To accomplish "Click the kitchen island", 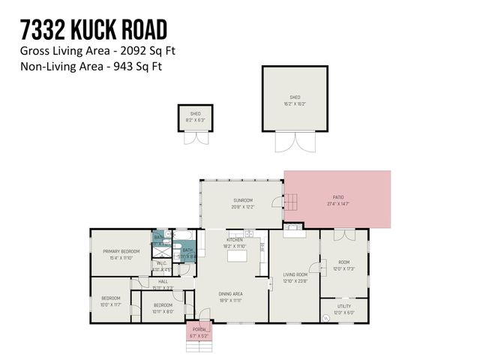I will click(238, 256).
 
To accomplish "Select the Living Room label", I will click(295, 277).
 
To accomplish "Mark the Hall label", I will click(163, 283).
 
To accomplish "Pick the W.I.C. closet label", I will click(163, 264).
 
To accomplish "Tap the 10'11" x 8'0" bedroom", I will click(163, 307).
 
